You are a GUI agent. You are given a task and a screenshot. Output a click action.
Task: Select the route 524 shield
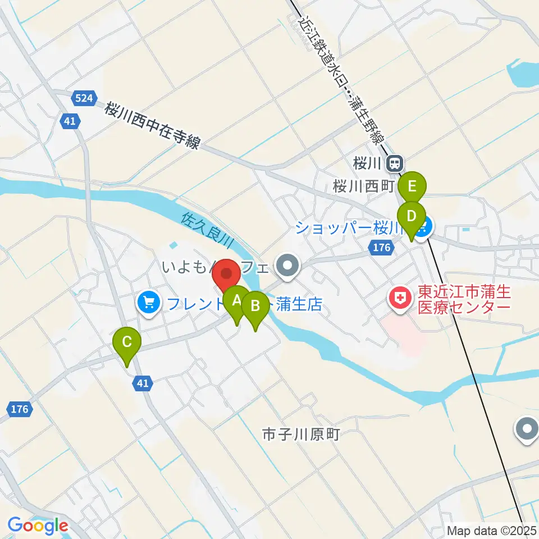[x=84, y=98]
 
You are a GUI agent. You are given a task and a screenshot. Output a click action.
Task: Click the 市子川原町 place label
[x=301, y=435]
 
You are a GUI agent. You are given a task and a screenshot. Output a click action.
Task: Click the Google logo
[x=38, y=526]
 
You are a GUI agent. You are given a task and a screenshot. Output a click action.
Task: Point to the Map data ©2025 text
[x=491, y=530]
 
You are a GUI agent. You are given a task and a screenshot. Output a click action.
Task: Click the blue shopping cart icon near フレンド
[x=149, y=303]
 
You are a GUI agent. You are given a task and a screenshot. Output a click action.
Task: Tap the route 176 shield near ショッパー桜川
[x=380, y=247]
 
